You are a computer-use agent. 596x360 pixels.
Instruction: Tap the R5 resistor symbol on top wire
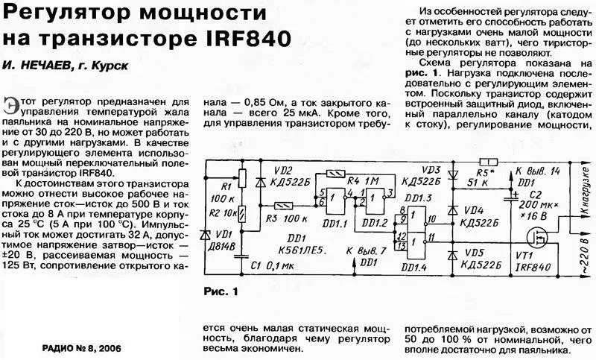click(x=489, y=161)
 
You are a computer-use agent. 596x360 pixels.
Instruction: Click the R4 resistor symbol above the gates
click(x=336, y=174)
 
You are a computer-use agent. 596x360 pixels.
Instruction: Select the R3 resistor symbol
click(x=284, y=206)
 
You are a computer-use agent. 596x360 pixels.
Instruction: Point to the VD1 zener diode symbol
click(x=206, y=236)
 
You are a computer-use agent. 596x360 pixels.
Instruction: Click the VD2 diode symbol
click(x=260, y=182)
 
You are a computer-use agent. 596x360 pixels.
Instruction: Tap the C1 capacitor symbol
click(x=241, y=256)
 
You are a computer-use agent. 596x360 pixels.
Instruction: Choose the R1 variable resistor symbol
click(x=241, y=178)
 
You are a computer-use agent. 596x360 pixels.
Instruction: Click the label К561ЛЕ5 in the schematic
click(x=302, y=250)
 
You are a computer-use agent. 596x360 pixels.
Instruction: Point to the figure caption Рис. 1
click(x=221, y=291)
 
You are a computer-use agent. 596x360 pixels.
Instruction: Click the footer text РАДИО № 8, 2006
click(x=81, y=348)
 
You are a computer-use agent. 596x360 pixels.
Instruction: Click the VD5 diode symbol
click(x=452, y=255)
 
